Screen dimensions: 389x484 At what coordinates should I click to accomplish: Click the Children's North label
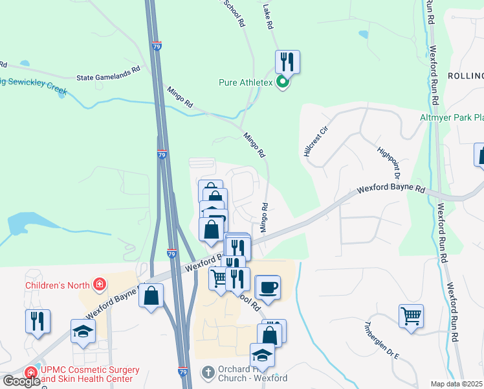pyautogui.click(x=57, y=284)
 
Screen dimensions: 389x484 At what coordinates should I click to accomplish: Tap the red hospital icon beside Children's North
pyautogui.click(x=99, y=284)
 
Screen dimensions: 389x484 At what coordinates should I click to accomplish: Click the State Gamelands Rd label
pyautogui.click(x=108, y=75)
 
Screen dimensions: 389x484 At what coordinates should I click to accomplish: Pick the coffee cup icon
pyautogui.click(x=269, y=287)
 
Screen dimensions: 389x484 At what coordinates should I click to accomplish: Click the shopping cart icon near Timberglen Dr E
pyautogui.click(x=411, y=316)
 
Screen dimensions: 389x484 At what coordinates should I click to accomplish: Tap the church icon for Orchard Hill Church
pyautogui.click(x=208, y=372)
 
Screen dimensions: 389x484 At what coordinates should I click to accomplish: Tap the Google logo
pyautogui.click(x=21, y=381)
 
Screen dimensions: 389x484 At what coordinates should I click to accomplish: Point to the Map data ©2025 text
pyautogui.click(x=457, y=384)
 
